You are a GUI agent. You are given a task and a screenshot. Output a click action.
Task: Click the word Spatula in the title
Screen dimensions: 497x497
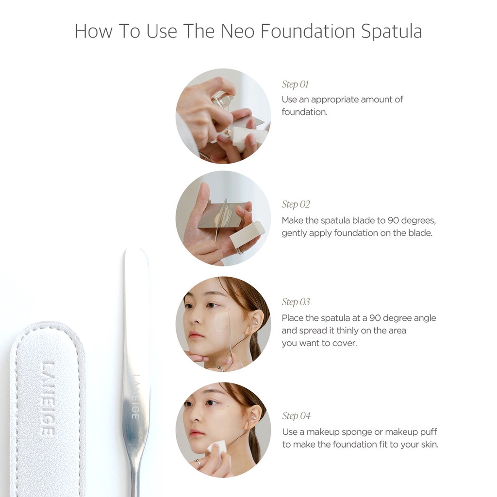[391, 32]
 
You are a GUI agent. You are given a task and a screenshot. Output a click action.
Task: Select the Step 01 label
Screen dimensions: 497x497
[295, 84]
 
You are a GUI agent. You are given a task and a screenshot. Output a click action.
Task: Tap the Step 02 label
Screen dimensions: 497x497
[296, 204]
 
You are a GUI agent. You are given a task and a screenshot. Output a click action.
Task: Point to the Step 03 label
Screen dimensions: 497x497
[296, 302]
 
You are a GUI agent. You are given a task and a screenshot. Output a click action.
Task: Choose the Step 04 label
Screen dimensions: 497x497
[296, 416]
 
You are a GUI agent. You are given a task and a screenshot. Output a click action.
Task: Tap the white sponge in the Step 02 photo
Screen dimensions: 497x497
[247, 234]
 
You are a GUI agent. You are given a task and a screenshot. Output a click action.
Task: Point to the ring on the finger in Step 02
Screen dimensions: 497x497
[239, 250]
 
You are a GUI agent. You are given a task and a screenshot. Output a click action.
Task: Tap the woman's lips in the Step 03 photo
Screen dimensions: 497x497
[196, 335]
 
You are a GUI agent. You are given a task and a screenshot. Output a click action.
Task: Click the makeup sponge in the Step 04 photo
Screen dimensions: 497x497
[216, 448]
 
